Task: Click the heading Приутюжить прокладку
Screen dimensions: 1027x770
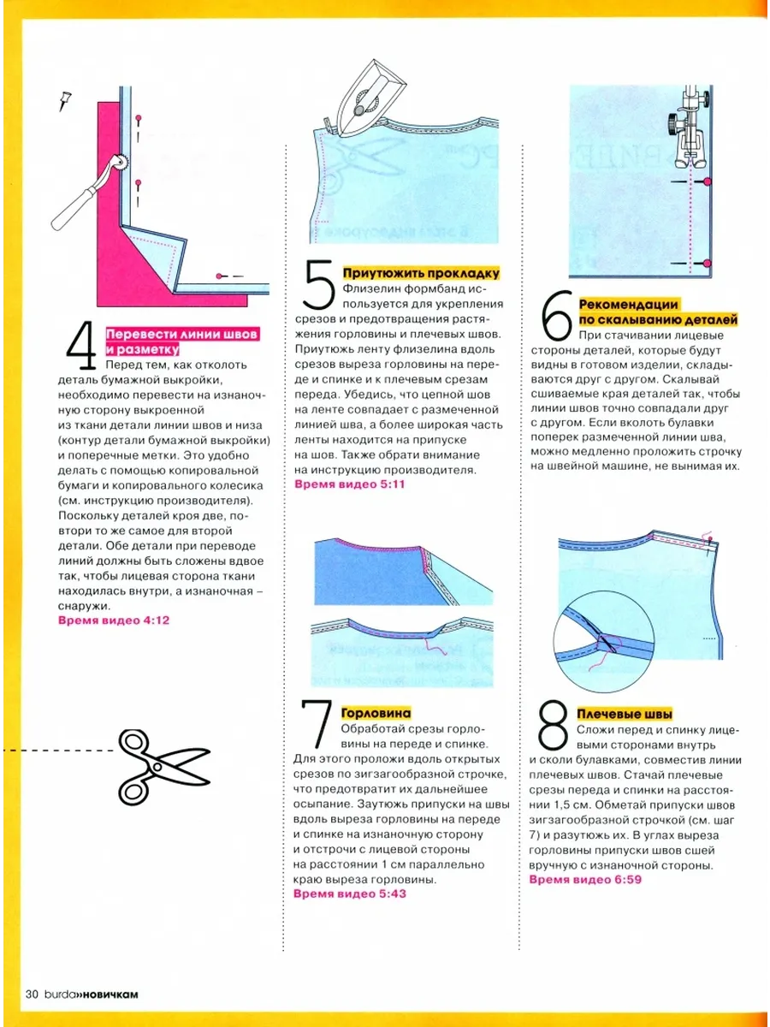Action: pos(420,274)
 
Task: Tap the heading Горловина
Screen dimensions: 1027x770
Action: pos(376,713)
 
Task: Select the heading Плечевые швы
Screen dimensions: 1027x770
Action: pos(625,714)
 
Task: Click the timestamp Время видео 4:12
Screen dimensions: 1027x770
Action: pos(114,620)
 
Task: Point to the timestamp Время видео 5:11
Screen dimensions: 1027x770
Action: pos(349,484)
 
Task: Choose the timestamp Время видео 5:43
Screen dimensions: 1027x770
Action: pos(349,893)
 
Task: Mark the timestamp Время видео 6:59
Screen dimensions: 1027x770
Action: pos(585,880)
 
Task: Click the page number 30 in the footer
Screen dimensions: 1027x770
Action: pos(33,994)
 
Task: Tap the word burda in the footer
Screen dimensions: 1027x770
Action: pos(58,994)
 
